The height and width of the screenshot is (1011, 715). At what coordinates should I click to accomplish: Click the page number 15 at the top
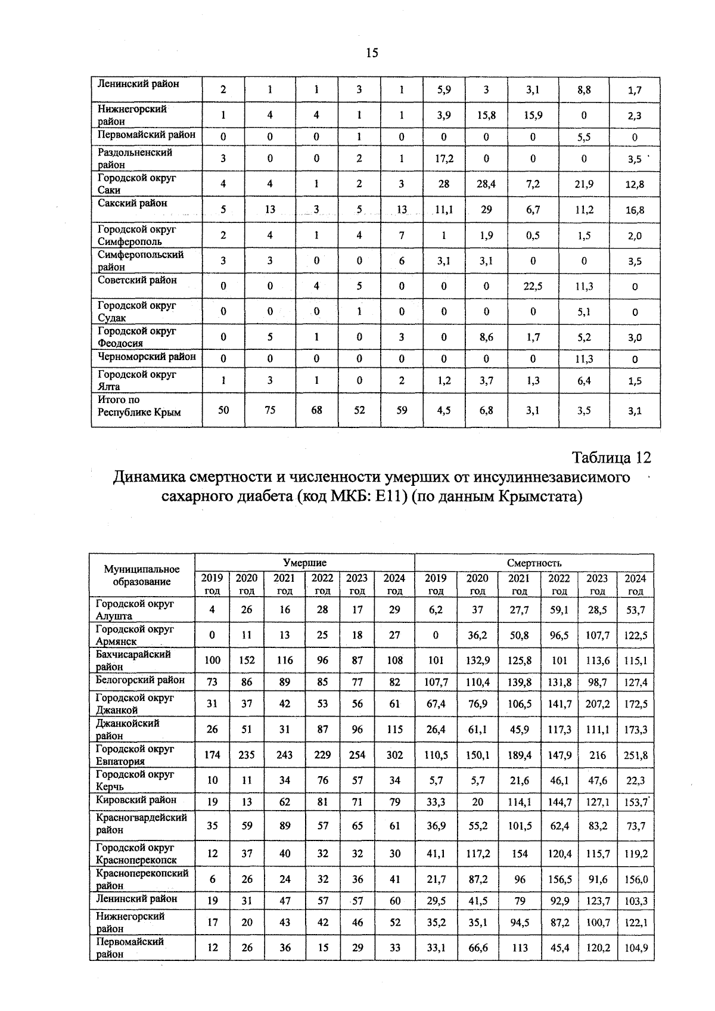(371, 53)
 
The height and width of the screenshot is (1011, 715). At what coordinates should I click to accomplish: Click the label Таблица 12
(611, 458)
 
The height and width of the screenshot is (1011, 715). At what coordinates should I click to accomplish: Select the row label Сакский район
(132, 203)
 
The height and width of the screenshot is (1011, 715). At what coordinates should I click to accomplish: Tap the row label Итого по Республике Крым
(139, 406)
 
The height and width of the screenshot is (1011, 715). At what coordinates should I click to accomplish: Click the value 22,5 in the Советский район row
(533, 286)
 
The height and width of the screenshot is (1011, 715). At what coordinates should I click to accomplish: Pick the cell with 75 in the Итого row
(270, 410)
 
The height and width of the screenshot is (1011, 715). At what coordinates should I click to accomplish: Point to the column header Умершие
(304, 563)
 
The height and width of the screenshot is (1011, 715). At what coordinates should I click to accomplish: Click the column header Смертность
(534, 563)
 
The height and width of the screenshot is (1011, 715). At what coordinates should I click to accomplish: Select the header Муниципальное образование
(142, 575)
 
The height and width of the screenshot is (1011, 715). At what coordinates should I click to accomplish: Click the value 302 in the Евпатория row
(394, 755)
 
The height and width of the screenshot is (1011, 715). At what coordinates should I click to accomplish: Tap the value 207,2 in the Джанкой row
(597, 704)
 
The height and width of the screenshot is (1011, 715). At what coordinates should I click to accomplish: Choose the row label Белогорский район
(140, 680)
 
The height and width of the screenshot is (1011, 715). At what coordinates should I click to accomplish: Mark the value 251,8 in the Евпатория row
(635, 755)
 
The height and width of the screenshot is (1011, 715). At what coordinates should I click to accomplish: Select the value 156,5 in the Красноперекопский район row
(559, 879)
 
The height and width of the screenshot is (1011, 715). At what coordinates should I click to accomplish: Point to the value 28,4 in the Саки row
(486, 184)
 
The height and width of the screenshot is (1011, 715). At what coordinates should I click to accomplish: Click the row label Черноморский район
(147, 356)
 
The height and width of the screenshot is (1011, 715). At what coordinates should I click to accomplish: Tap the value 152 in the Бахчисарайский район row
(247, 660)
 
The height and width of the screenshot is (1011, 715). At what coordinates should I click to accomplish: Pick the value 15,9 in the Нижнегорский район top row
(533, 116)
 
